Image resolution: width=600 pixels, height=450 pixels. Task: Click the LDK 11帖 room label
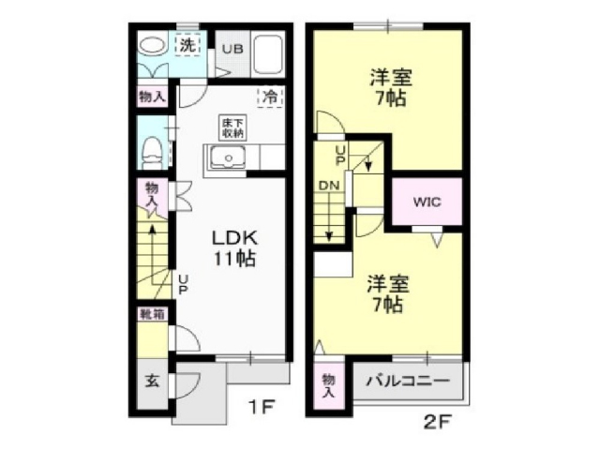233,245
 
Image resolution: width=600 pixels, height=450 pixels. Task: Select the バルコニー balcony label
407,382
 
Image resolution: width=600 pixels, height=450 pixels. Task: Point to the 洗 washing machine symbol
187,43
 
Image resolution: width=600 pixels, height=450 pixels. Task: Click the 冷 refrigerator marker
270,95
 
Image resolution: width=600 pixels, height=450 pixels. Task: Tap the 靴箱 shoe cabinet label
152,314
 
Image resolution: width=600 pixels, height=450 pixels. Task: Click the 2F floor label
437,422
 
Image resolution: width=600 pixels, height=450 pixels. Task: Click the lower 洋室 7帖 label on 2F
384,292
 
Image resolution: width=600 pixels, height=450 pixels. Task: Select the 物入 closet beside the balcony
327,385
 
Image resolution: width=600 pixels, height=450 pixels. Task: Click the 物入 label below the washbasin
152,97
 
